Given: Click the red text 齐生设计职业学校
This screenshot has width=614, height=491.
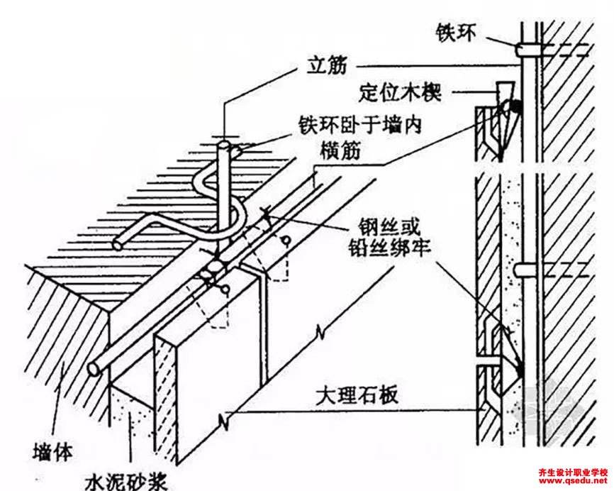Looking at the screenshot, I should coord(571,473).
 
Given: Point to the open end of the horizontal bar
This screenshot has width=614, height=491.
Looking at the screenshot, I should coord(93,370).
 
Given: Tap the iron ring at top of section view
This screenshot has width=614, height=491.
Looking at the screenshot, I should coord(525,49).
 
